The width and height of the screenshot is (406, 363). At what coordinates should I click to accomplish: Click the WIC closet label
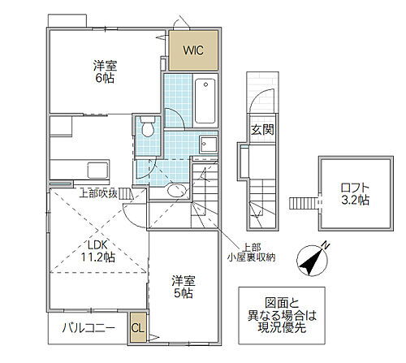tap(193, 50)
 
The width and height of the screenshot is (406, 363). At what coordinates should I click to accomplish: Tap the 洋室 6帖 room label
tap(105, 72)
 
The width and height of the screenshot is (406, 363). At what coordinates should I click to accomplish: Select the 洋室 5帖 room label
tap(184, 287)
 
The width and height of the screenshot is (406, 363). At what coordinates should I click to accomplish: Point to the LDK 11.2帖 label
tap(98, 251)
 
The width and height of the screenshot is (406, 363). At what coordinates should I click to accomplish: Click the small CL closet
tap(138, 328)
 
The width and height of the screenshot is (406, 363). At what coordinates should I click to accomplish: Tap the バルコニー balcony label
tap(89, 328)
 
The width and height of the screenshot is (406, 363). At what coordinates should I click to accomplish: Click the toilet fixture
tap(148, 127)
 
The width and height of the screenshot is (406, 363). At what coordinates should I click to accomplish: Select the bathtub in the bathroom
tap(205, 101)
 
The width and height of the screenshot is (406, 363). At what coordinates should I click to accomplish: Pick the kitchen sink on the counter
tap(97, 171)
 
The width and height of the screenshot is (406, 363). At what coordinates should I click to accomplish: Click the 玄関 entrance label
tap(262, 130)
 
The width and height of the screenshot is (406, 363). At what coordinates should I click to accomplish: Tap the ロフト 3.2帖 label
tap(355, 194)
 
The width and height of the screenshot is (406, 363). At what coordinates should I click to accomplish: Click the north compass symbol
tap(313, 259)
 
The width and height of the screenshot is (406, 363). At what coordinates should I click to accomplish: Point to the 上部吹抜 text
tap(98, 193)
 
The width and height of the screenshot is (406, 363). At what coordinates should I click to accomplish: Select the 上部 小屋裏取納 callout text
tap(251, 252)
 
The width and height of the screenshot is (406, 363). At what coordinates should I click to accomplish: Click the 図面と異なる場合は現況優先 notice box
tap(282, 316)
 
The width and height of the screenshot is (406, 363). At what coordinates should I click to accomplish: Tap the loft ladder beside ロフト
tap(303, 203)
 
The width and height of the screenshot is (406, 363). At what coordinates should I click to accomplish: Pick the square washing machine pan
tap(208, 145)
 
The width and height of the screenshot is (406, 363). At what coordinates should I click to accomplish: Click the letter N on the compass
tap(326, 245)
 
